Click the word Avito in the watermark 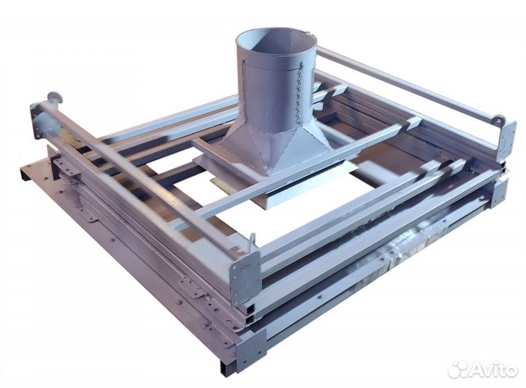[493, 370]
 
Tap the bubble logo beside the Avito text [458, 370]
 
